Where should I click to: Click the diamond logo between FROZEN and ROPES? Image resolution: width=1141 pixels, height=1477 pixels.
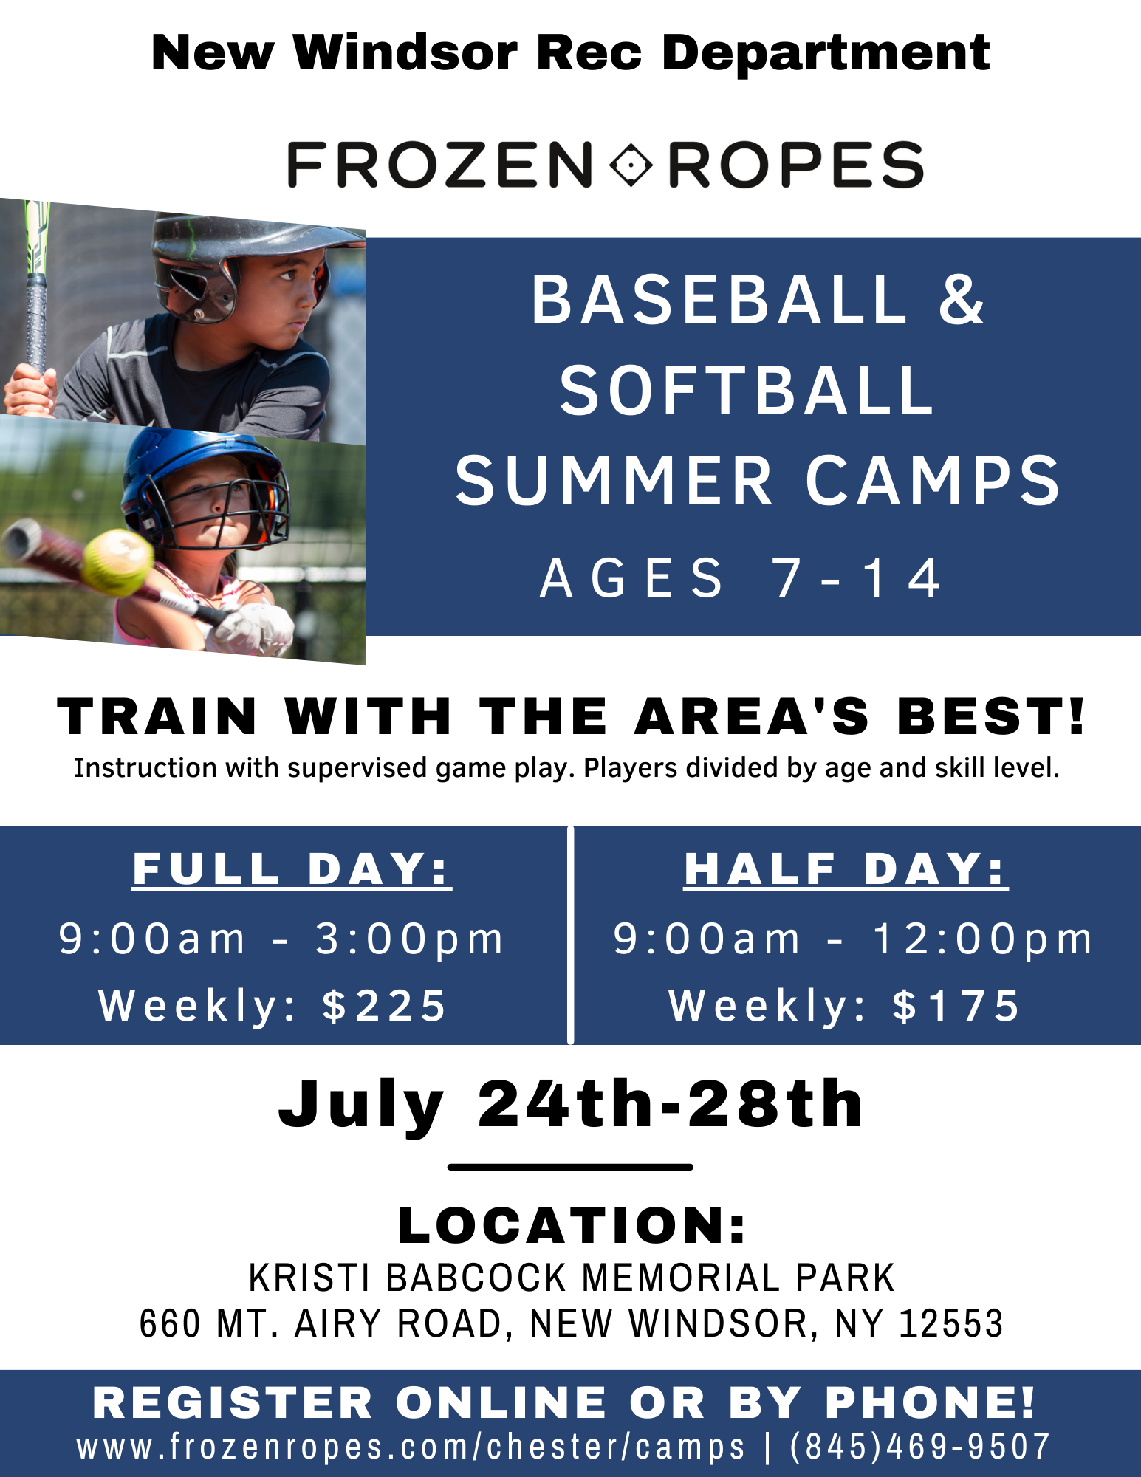click(631, 164)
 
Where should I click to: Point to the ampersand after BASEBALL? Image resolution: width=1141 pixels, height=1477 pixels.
click(961, 299)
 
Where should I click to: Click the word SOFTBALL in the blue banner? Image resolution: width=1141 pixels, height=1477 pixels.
click(747, 390)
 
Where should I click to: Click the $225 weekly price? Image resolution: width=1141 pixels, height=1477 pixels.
click(384, 1005)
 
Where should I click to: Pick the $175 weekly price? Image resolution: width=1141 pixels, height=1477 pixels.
click(956, 1005)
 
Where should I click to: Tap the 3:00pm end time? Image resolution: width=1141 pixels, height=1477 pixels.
click(409, 939)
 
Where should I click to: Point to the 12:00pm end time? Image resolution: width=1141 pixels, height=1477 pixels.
click(982, 939)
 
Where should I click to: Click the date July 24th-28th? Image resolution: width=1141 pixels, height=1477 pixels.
click(570, 1106)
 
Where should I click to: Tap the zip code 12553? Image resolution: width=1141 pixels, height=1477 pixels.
click(951, 1323)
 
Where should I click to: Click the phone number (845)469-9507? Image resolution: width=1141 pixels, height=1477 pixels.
click(920, 1446)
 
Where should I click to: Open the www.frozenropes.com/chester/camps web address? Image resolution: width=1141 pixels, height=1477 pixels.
click(411, 1447)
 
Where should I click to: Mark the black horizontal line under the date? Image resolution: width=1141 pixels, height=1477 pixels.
click(570, 1167)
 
